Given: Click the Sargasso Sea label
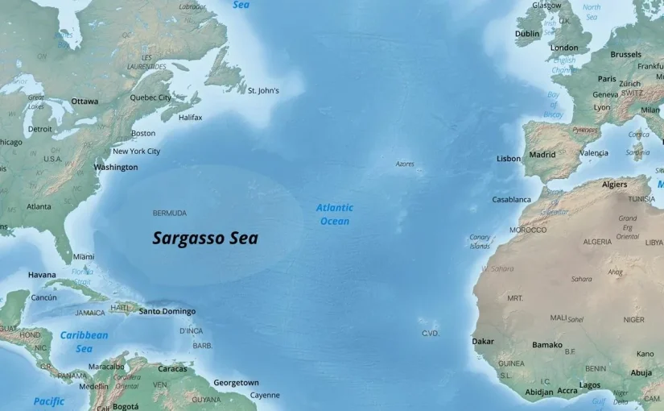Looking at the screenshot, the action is pos(205,239).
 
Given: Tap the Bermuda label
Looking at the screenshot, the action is pos(169,214).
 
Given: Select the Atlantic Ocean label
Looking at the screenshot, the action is pos(334,214).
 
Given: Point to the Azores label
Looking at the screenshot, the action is pos(405,164).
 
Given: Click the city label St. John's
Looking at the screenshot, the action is pos(263,91).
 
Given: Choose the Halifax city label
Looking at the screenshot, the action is pos(190,118).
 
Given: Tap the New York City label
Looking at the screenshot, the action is pos(136,152).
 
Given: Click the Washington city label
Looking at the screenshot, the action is pos(116,168).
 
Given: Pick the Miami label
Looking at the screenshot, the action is pos(84,257).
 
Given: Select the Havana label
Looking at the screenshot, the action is pos(42,275).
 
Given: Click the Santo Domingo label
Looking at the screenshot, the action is pos(167,311).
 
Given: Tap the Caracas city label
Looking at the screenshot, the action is pos(172,369).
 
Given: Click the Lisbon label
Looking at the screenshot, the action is pos(509,159).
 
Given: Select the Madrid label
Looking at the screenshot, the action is pos(542,155).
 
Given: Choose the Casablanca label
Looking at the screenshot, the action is pos(512,199).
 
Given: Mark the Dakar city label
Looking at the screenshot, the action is pos(483,342).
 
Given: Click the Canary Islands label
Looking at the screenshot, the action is pos(480,242).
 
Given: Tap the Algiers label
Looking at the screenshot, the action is pos(614,185).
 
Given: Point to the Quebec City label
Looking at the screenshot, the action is pos(151,98).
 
